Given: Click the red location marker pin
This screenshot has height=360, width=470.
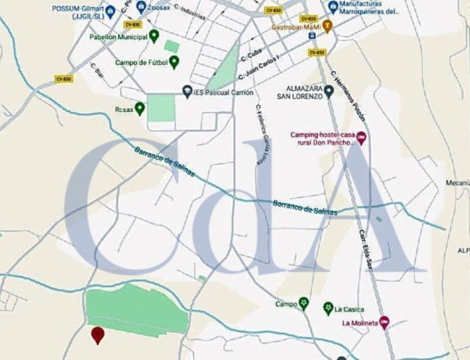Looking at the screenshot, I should pyautogui.click(x=98, y=335).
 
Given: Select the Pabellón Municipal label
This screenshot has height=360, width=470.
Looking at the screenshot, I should pyautogui.click(x=118, y=36).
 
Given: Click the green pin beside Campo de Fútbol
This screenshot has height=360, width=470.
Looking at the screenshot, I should pyautogui.click(x=174, y=62).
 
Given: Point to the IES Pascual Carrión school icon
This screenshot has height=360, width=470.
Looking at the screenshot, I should pyautogui.click(x=187, y=91).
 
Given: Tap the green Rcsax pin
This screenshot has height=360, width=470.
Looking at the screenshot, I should pyautogui.click(x=139, y=108).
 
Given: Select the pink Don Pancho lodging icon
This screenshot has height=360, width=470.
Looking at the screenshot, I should pyautogui.click(x=361, y=138).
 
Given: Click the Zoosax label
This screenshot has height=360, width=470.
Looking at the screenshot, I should pyautogui.click(x=160, y=7).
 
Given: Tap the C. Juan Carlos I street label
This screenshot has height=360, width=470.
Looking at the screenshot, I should pyautogui.click(x=262, y=66).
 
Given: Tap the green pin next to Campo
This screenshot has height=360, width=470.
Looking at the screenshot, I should pyautogui.click(x=303, y=304).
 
